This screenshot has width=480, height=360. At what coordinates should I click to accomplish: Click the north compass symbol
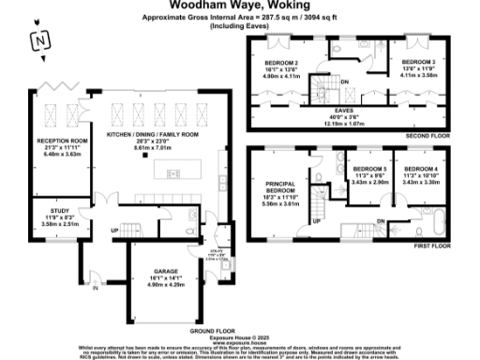(38, 40)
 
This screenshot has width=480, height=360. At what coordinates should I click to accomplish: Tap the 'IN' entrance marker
(95, 289)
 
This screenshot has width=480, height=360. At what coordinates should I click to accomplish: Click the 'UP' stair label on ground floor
(114, 229)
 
